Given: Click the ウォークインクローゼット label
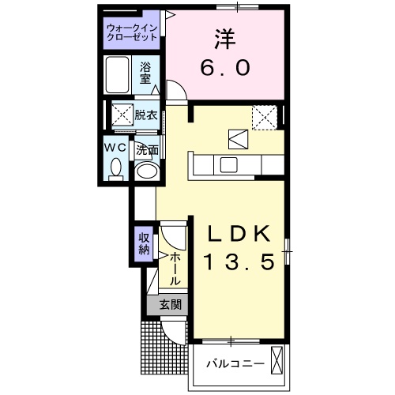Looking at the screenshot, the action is coord(132,32).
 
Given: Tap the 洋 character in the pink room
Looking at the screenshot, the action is coord(225,39).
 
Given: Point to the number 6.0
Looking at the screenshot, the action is coord(225,67).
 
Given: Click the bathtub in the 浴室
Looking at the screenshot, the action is coord(118,75).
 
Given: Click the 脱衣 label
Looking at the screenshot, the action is coord(146,115).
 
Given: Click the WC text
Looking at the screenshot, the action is coord(115,148).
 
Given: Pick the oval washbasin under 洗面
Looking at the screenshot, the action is coord(147,171).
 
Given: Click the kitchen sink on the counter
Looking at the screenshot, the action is coord(229,164).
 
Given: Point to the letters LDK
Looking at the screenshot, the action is coord(239,234).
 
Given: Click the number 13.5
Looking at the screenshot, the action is coord(239,261).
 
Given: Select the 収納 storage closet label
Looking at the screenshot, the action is coord(144,243).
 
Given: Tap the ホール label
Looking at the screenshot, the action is coord(174,269).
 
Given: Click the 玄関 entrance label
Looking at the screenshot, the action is coord(171,305).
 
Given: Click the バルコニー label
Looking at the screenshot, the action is coord(235,364).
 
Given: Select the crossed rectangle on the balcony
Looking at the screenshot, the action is coord(276,360).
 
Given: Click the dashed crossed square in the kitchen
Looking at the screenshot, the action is coord(265,118).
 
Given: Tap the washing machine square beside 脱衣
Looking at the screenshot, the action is coord(122,115).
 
